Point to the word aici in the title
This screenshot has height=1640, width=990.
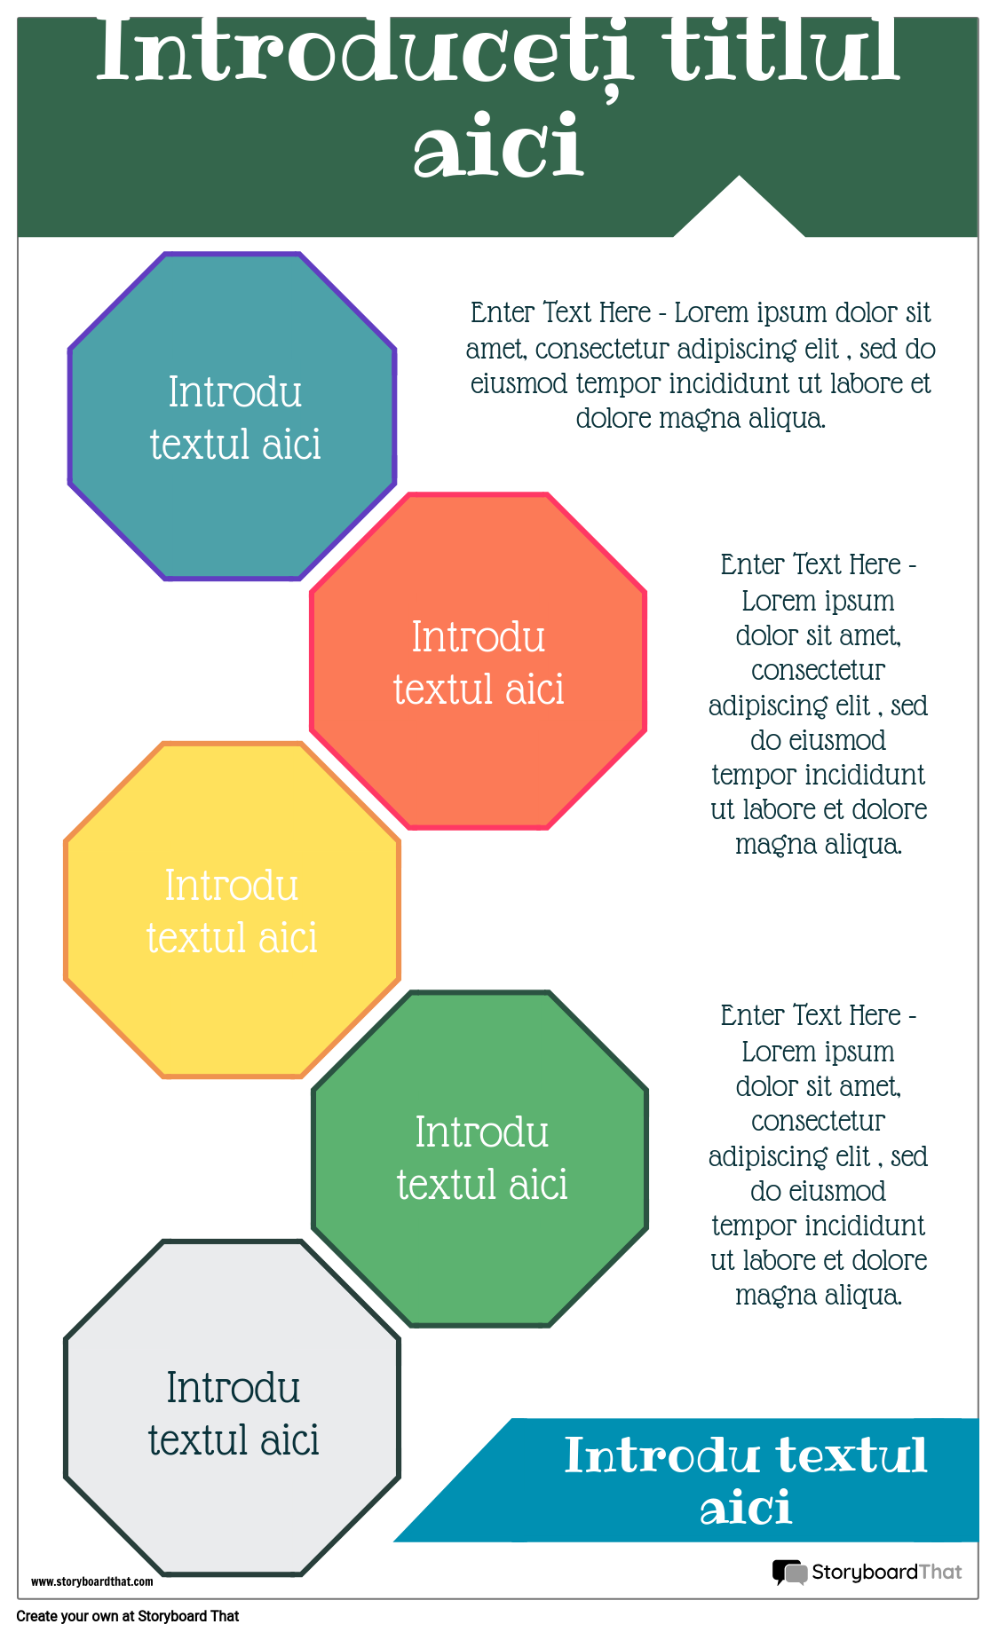(x=498, y=146)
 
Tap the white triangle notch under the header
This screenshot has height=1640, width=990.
(x=739, y=213)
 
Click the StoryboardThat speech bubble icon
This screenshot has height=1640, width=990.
(x=788, y=1572)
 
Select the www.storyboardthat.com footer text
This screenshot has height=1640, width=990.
(x=92, y=1581)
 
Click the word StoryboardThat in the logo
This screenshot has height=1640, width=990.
(x=886, y=1572)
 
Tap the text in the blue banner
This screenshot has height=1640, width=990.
(x=746, y=1480)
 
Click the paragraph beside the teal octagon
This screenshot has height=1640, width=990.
(x=701, y=365)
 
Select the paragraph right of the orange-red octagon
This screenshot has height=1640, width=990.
(x=818, y=704)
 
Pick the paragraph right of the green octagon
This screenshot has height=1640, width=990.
(x=818, y=1155)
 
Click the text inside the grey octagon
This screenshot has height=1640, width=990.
(x=234, y=1414)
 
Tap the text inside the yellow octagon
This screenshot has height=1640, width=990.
(x=232, y=911)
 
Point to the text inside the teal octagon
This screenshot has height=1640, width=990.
(x=235, y=418)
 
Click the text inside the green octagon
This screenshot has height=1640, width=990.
(x=482, y=1158)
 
